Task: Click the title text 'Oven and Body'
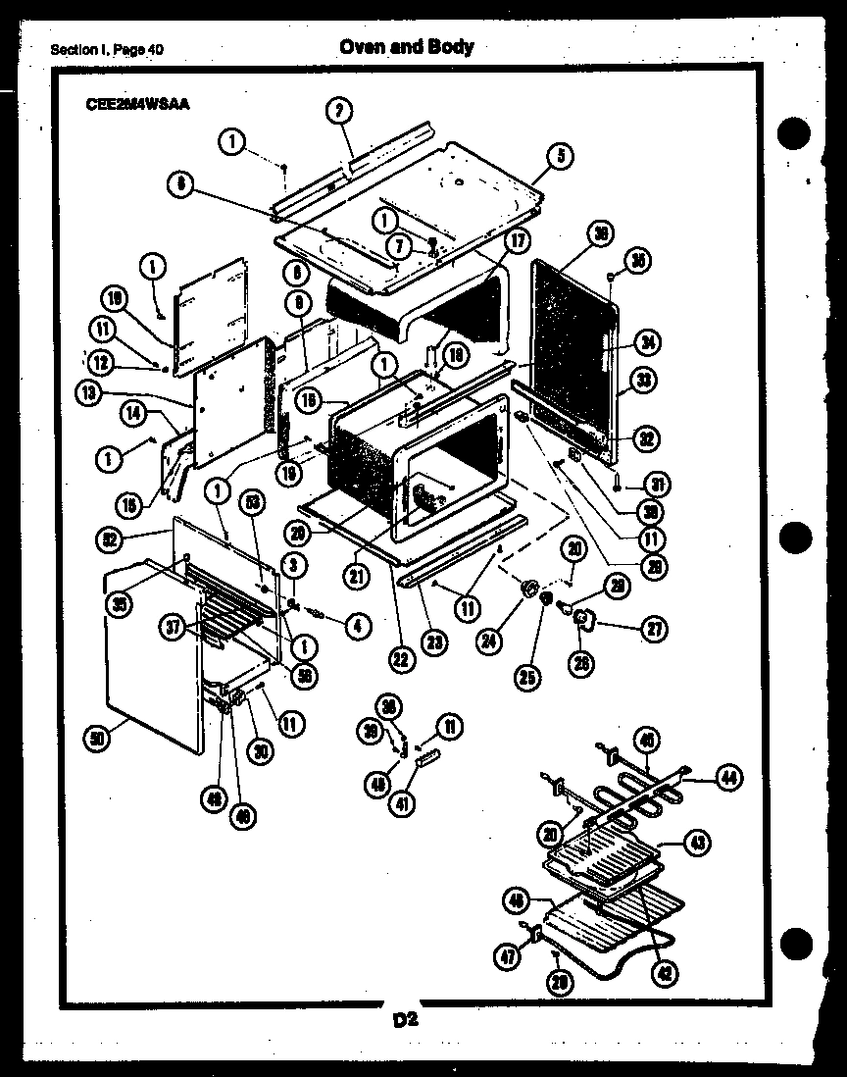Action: (x=406, y=46)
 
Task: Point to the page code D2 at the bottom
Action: (x=406, y=1020)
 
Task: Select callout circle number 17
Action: (x=518, y=239)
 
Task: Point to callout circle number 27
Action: (x=652, y=630)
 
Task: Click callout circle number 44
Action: (x=727, y=779)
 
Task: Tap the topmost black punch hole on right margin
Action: (x=795, y=132)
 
